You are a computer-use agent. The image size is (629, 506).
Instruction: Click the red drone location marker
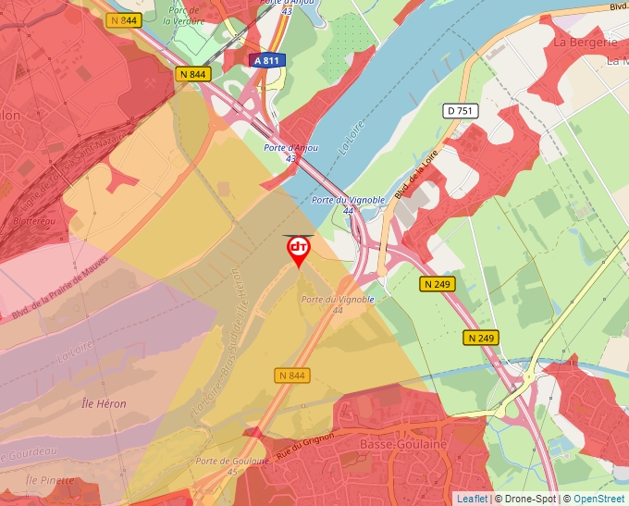click(298, 250)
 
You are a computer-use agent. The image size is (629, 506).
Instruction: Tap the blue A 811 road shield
click(266, 60)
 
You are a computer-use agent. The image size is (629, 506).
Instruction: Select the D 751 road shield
click(460, 111)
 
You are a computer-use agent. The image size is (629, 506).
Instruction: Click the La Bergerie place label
click(585, 43)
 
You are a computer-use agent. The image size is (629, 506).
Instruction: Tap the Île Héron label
click(104, 403)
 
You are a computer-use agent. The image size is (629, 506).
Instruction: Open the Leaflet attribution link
click(472, 499)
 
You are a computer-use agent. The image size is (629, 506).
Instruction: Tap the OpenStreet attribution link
click(598, 499)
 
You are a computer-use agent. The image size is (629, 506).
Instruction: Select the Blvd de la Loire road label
click(415, 175)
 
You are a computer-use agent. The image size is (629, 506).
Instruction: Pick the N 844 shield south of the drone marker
click(291, 376)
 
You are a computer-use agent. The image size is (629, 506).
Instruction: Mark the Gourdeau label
click(28, 451)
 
